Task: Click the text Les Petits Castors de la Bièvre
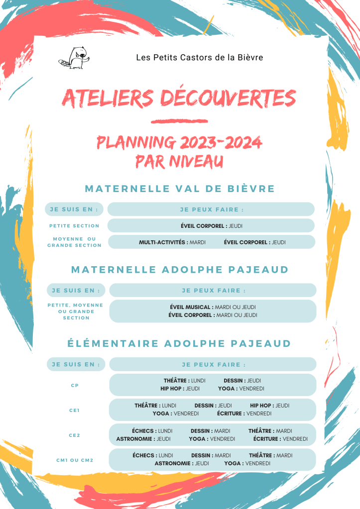(x=200, y=58)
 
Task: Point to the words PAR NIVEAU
(x=179, y=161)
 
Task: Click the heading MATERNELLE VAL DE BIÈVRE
(x=180, y=189)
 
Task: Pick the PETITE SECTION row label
(x=74, y=226)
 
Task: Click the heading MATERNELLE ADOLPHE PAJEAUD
(x=180, y=270)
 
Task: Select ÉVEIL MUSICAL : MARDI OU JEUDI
(x=213, y=307)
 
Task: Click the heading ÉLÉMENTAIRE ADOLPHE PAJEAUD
(x=179, y=343)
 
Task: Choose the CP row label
(x=75, y=385)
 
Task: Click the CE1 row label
(x=75, y=410)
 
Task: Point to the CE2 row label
(x=75, y=435)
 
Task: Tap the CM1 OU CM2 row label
(x=75, y=460)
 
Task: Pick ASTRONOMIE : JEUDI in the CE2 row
(x=143, y=439)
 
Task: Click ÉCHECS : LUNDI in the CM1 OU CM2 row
(x=152, y=455)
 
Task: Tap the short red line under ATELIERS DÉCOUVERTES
(x=179, y=121)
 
